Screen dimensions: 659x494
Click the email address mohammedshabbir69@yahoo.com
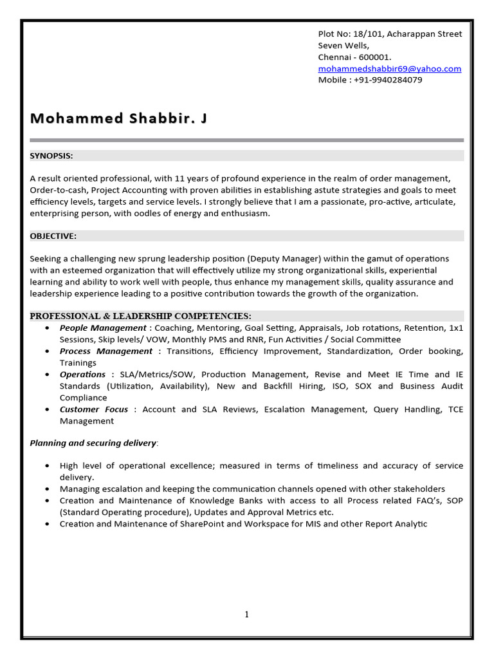point(390,68)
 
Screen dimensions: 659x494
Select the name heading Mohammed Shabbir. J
point(119,118)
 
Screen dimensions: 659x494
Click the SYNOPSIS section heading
point(51,155)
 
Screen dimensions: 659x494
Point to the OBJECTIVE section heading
point(53,236)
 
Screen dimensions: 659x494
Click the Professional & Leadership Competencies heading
point(141,316)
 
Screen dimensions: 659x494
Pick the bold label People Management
point(103,328)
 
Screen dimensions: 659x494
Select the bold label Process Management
point(106,351)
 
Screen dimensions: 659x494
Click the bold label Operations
point(82,374)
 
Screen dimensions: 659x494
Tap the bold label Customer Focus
point(94,409)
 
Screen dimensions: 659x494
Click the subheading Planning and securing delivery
point(93,443)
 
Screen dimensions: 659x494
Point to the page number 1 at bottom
point(246,615)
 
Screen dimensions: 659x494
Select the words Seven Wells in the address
point(343,45)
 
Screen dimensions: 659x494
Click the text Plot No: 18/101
point(347,33)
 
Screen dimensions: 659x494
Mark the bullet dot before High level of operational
point(49,465)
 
